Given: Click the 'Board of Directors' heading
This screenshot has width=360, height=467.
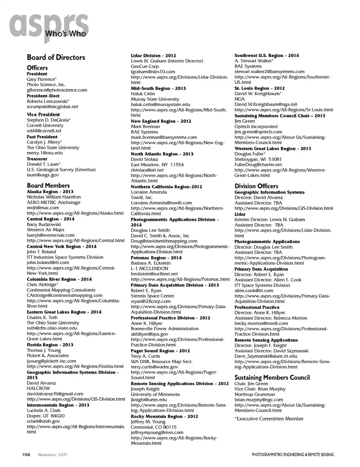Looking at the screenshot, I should tap(56, 57).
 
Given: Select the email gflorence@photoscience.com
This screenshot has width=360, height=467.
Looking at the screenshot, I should tap(57, 90).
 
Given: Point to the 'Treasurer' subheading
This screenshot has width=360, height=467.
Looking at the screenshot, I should tap(37, 159).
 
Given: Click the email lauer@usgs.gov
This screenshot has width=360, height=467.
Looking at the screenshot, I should tap(43, 175).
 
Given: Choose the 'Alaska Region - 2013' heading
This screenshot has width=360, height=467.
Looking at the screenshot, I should tap(50, 192).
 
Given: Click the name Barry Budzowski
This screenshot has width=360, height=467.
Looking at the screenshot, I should tap(43, 224).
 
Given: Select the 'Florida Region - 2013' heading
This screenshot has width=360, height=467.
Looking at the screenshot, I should tap(50, 345).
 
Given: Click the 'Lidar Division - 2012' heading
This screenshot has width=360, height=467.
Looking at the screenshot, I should tap(153, 56).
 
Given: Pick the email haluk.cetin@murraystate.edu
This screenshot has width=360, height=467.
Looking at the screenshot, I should tap(160, 105).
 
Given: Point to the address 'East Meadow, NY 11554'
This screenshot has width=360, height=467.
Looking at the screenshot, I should tap(157, 165).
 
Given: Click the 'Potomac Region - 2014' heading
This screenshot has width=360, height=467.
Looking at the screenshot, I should tap(156, 258).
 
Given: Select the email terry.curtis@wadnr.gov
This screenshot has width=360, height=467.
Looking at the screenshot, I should tap(154, 367).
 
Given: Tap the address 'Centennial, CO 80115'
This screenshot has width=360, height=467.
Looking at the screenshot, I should tap(153, 427).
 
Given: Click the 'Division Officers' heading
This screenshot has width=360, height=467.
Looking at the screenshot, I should tap(256, 186).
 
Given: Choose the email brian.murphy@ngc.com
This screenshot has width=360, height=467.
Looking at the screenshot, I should tap(259, 400).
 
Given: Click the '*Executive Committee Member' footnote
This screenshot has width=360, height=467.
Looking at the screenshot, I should tap(269, 419).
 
